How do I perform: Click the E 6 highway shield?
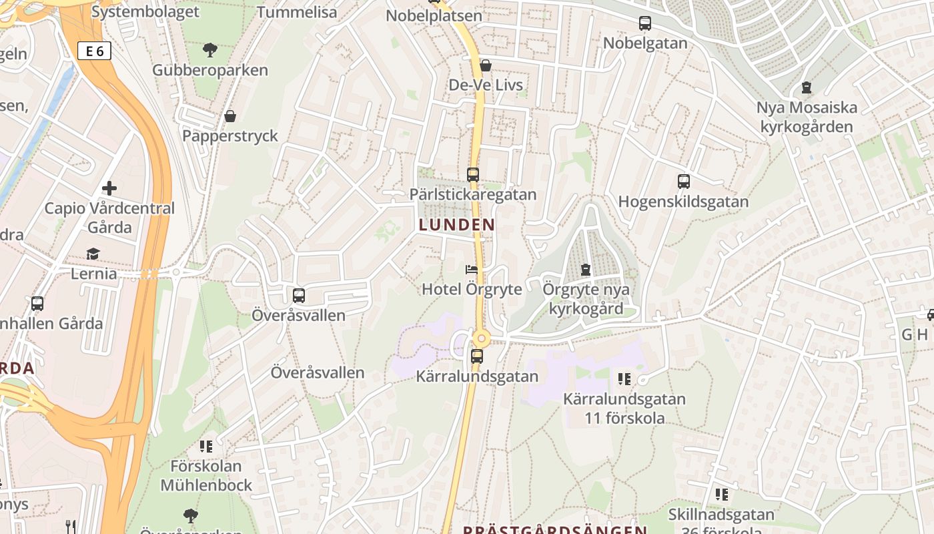point(94,51)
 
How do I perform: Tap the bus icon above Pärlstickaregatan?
point(473,175)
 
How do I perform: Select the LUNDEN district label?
point(457,225)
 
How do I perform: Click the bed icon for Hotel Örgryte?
point(472,270)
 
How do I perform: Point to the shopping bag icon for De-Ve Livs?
point(486,65)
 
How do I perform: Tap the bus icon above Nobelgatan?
point(645,23)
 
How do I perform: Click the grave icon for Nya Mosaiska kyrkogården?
point(807,87)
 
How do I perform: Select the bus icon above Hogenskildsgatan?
point(683,182)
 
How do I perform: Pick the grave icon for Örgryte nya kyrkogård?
point(586,270)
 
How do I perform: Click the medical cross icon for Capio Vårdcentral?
point(109,188)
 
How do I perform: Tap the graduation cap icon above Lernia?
point(93,254)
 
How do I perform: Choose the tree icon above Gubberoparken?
point(210,49)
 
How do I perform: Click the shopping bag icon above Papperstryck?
point(230,116)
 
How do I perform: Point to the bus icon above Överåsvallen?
point(299,295)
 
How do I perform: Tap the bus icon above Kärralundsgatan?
point(476,356)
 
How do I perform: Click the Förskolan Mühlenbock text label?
point(206,475)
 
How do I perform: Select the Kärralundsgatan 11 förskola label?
point(624,409)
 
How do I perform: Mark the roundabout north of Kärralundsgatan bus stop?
point(481,338)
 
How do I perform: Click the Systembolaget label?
point(145,11)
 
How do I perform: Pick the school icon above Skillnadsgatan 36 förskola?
point(721,495)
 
